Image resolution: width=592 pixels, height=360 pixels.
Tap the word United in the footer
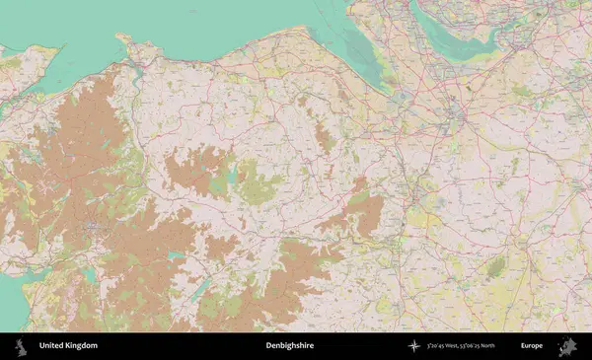click(x=51, y=346)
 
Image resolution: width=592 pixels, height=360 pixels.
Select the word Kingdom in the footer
click(x=81, y=346)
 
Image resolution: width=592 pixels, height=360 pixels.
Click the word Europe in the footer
click(x=532, y=346)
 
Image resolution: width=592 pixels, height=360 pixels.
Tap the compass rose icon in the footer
click(x=412, y=346)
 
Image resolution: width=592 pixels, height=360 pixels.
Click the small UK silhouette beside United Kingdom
click(x=21, y=346)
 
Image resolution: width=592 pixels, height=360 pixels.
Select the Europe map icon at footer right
click(x=567, y=346)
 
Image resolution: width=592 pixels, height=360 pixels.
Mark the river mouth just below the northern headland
click(x=135, y=69)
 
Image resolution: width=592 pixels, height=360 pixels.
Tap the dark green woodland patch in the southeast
click(x=496, y=266)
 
